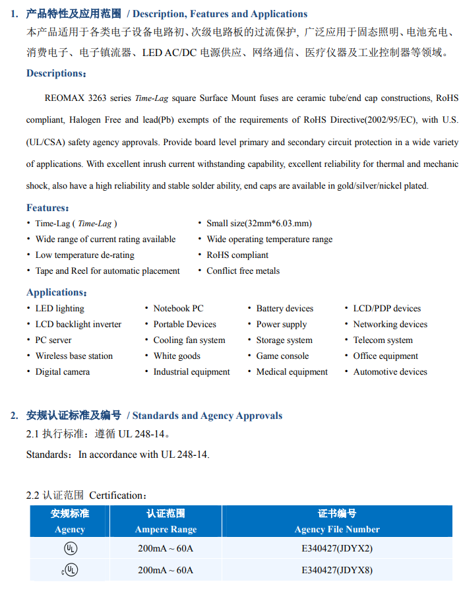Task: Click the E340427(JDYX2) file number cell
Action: click(337, 548)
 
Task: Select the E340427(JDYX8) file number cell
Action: click(337, 569)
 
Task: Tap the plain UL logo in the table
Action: click(70, 548)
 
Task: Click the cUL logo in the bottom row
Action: click(69, 569)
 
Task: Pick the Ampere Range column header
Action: click(166, 529)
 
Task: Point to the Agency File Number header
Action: click(337, 529)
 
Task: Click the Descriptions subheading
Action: click(56, 73)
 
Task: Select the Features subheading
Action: click(48, 208)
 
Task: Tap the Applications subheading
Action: click(57, 292)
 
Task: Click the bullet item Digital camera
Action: click(63, 372)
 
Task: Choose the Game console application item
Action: click(282, 356)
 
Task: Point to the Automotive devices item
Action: click(390, 372)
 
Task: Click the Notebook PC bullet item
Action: click(178, 309)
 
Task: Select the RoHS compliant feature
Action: click(237, 255)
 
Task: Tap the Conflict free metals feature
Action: click(243, 271)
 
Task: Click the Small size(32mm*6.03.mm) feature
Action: click(259, 224)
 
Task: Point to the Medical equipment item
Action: click(292, 372)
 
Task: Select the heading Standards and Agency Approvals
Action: click(207, 416)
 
